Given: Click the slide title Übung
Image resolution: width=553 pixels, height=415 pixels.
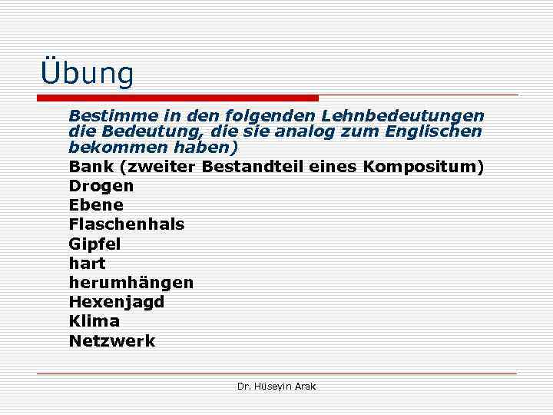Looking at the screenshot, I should (x=87, y=73).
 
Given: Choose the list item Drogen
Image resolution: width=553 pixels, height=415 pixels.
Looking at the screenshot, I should (x=101, y=186).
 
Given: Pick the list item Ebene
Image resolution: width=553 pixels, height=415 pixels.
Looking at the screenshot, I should (x=96, y=205).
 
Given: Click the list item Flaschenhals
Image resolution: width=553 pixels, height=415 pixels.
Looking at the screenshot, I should (x=127, y=224).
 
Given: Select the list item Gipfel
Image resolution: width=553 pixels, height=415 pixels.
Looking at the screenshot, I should (x=95, y=244).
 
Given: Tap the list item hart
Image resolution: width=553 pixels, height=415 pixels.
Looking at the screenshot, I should (x=88, y=264).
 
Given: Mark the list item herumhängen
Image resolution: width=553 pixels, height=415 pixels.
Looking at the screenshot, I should (x=131, y=283).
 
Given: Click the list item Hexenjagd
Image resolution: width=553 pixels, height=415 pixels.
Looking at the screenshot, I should (x=117, y=302).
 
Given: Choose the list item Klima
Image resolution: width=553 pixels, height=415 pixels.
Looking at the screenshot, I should (x=94, y=321).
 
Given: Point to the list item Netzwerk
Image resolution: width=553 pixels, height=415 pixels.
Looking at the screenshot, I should (x=112, y=340).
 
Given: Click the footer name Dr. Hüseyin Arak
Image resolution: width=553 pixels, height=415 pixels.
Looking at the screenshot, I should (x=276, y=387).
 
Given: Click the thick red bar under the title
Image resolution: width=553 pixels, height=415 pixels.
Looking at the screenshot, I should (x=177, y=98).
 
